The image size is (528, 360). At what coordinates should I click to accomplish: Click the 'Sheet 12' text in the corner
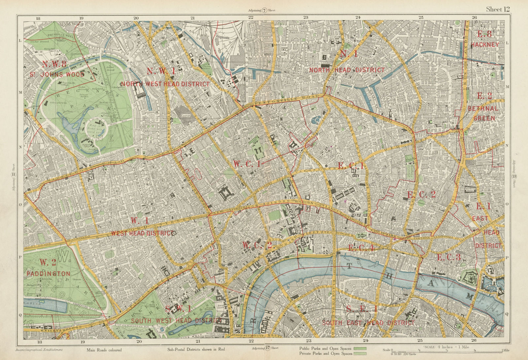[x=498, y=9]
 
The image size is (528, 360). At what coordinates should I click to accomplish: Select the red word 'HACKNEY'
[x=485, y=45]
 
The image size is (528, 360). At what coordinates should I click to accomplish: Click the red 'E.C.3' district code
[x=448, y=257]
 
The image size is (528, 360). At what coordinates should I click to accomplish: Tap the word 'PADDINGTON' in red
[x=49, y=274]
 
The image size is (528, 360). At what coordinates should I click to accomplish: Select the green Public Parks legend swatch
[x=360, y=348]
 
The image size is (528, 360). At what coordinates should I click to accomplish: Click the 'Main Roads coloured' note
[x=104, y=350]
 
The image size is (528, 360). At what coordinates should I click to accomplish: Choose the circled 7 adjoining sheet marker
[x=264, y=10]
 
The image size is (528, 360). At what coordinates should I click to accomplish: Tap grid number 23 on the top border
[x=306, y=18]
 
